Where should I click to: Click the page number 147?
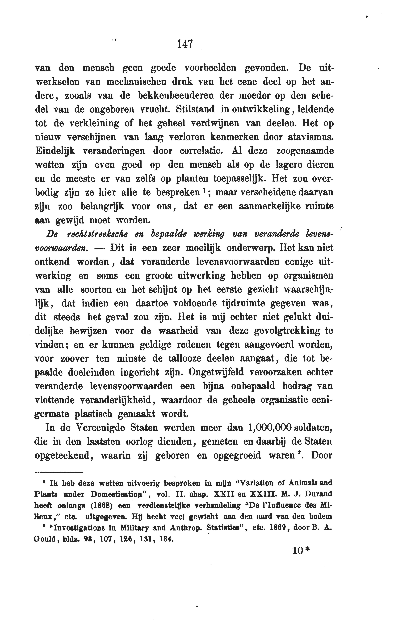[x=185, y=44]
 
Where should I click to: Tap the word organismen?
[x=308, y=275]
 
